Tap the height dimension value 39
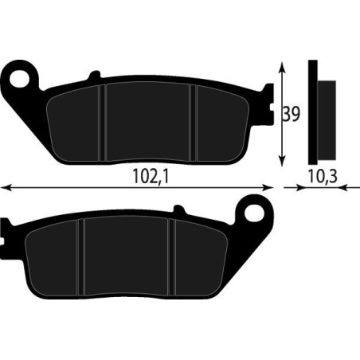(292, 114)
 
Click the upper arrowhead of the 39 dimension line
(281, 67)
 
